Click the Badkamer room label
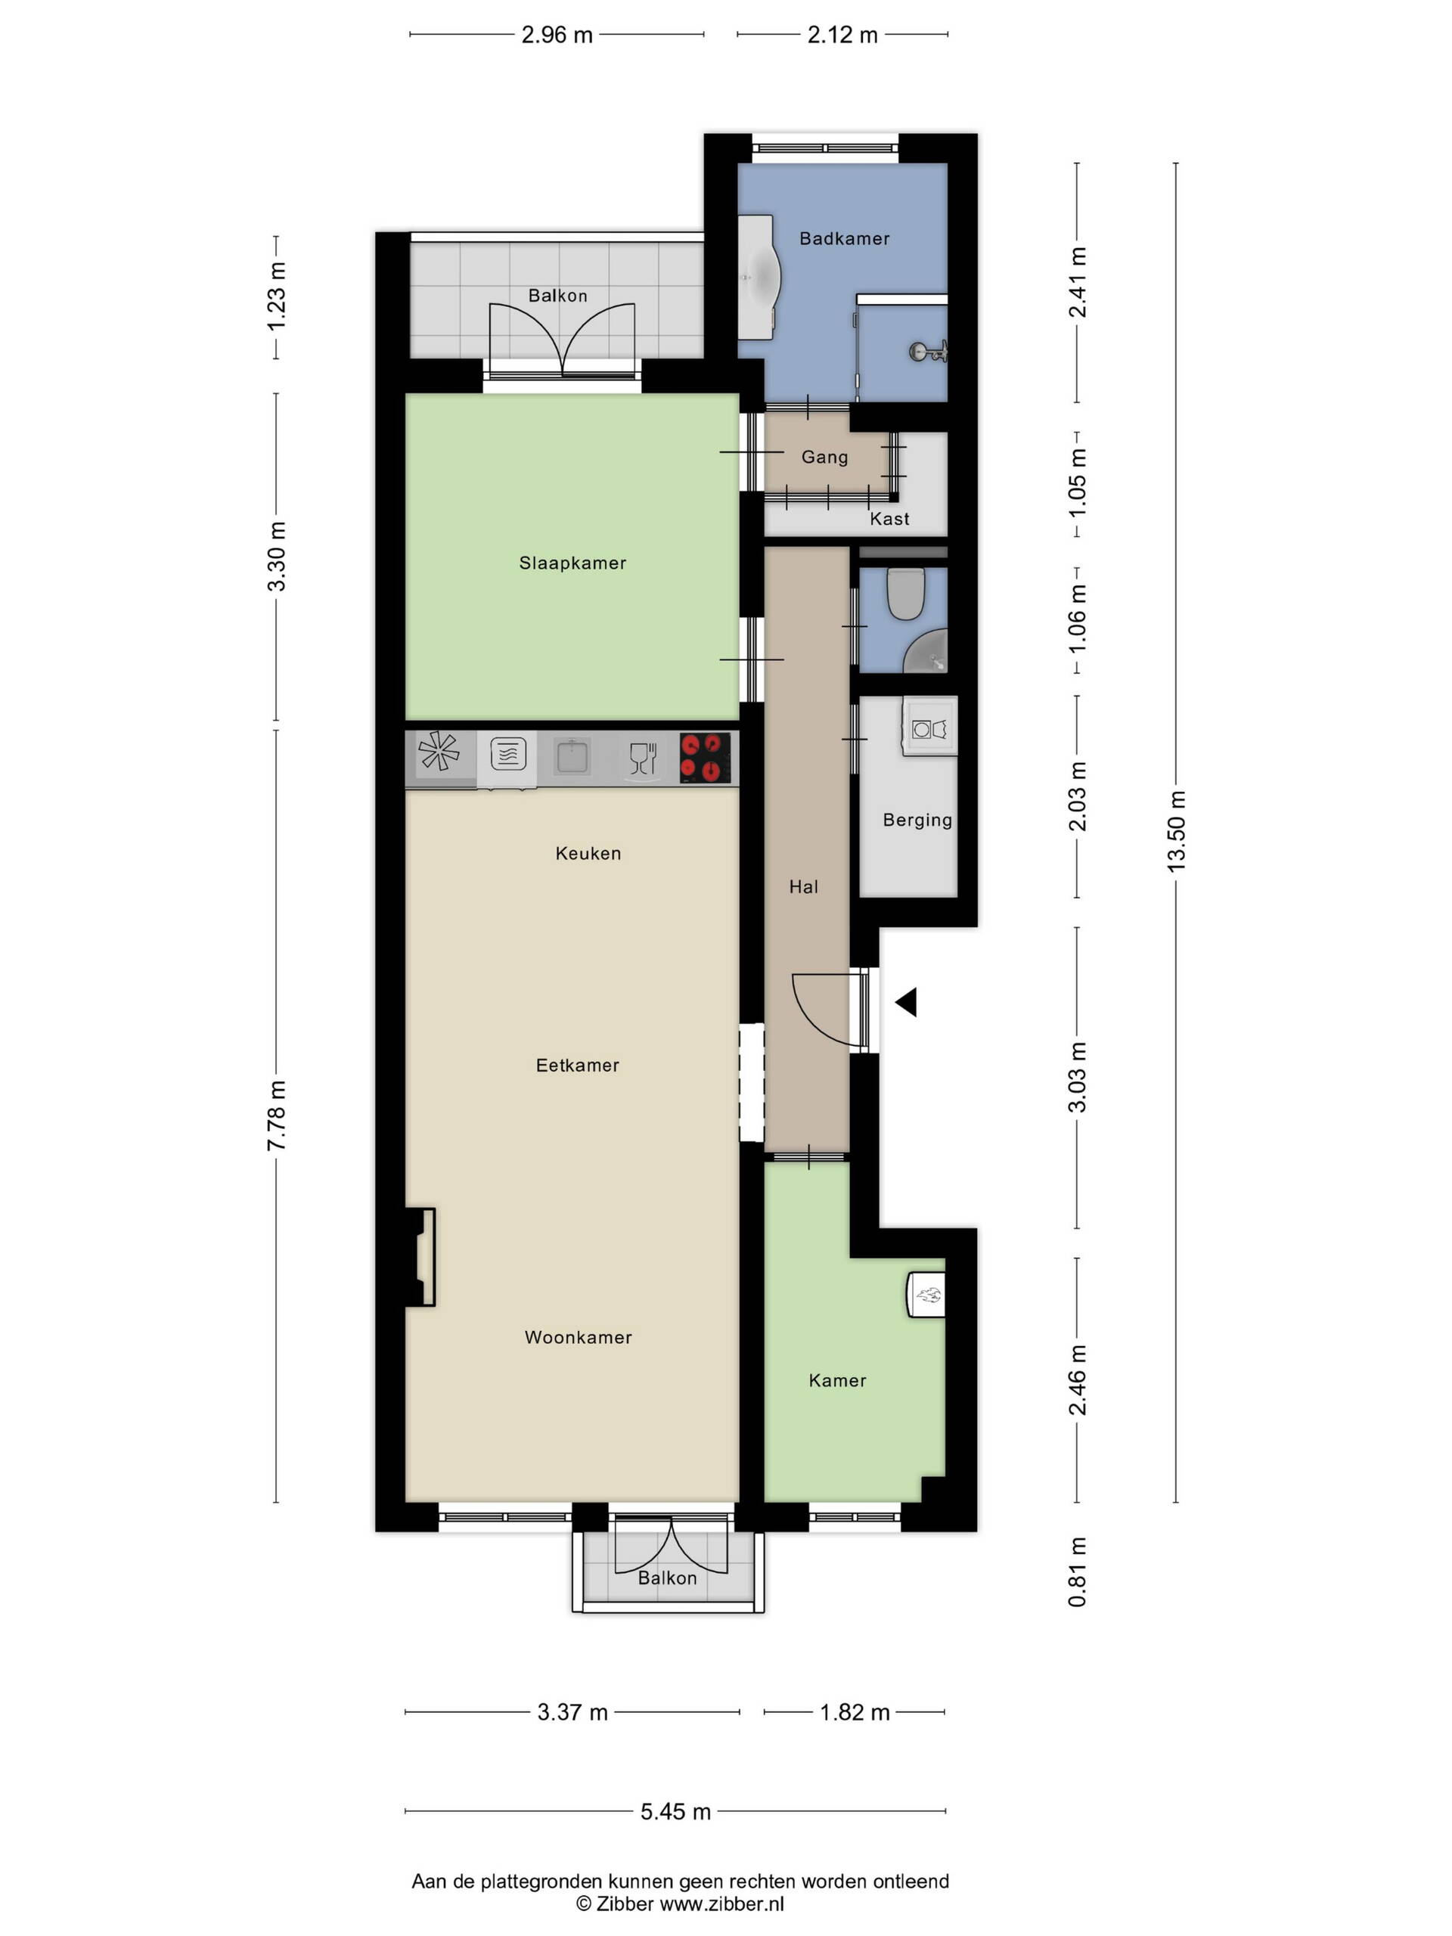point(844,238)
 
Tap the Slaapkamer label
point(572,563)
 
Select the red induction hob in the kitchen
point(706,757)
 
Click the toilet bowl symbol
point(906,594)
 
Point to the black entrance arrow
point(906,1002)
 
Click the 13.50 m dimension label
point(1175,830)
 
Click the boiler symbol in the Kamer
point(926,1294)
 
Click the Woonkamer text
point(578,1337)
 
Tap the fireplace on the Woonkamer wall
point(421,1258)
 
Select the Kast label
point(889,519)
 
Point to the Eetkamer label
point(578,1065)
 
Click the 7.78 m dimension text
point(277,1116)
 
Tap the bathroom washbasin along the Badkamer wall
point(758,278)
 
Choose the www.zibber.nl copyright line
point(680,1903)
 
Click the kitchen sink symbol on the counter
point(572,756)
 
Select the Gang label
point(824,457)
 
